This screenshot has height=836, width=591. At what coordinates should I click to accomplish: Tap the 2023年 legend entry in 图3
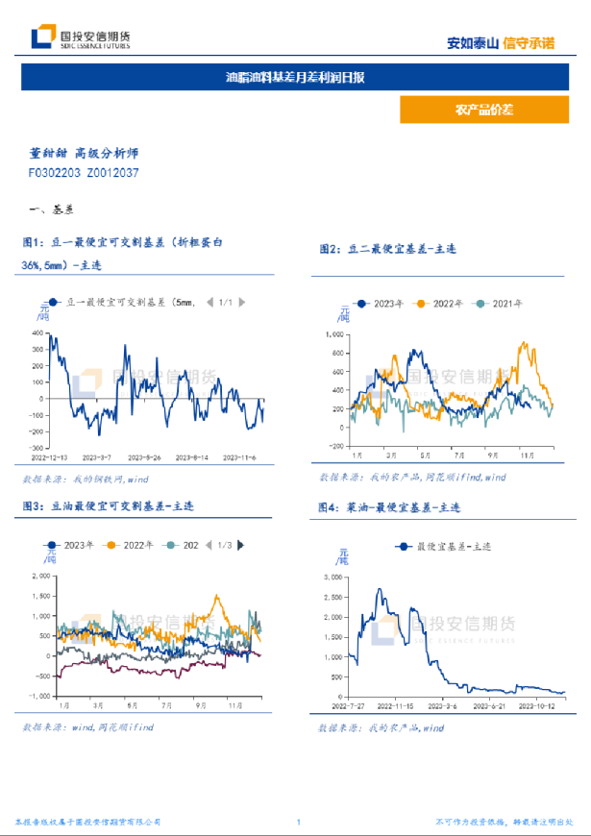click(x=73, y=545)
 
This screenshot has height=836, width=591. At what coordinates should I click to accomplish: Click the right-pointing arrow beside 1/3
click(x=239, y=545)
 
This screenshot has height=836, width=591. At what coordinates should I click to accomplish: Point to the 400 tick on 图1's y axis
click(x=37, y=334)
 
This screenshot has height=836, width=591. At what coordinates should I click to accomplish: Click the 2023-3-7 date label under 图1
click(x=98, y=457)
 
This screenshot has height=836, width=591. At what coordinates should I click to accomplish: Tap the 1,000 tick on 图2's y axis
click(x=334, y=334)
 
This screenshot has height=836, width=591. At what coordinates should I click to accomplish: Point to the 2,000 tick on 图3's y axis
click(x=39, y=576)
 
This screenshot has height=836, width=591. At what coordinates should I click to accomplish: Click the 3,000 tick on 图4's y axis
click(x=332, y=577)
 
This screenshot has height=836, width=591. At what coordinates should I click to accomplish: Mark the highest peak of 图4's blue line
click(x=381, y=590)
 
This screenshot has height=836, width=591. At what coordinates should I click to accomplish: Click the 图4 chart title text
click(x=389, y=506)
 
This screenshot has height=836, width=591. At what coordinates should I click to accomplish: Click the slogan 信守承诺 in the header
click(x=529, y=42)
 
